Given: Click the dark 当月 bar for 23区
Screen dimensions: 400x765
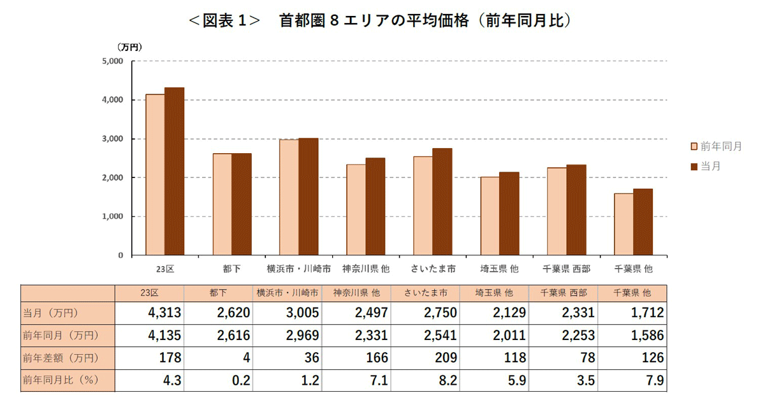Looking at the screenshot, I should pos(174,171).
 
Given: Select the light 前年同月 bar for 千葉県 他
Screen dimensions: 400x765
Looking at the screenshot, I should pos(624,224).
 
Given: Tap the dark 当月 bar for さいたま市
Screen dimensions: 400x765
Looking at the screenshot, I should pos(442,202).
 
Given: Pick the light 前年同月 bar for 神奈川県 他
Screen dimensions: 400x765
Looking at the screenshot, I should pos(356,210).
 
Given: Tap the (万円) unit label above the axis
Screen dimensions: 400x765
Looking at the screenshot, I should pos(129,47).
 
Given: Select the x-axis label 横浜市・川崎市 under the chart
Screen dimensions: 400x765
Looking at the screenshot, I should pos(298,269).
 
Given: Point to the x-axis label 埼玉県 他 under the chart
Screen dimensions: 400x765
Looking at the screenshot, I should pos(499,269).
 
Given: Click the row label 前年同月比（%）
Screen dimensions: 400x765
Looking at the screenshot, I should pos(59,381).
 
